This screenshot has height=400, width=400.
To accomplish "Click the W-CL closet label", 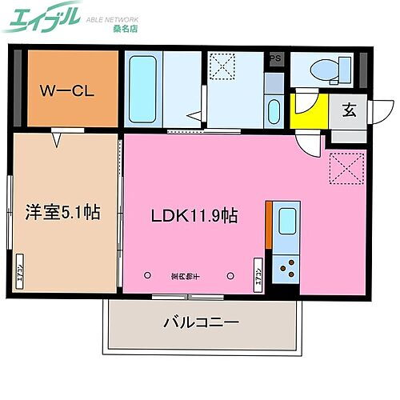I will [x=67, y=90].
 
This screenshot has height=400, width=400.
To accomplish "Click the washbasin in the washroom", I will [x=274, y=110].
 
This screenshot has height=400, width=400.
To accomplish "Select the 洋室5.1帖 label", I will [x=61, y=213].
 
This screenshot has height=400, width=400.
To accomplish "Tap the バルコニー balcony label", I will [x=201, y=325].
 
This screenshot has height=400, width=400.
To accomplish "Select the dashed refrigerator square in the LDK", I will [x=346, y=169].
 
